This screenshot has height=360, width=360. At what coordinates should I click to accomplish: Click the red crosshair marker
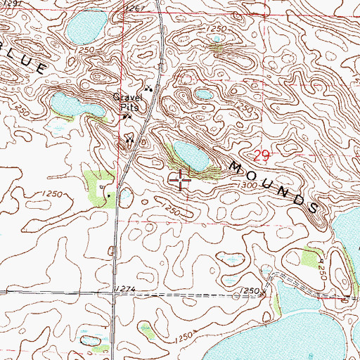181,181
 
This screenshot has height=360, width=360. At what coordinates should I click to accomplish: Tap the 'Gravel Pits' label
129,103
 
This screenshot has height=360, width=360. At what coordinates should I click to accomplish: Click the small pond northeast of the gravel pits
204,94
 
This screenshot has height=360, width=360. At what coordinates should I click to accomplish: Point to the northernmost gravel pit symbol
148,89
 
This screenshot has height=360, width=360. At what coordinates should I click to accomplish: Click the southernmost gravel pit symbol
129,139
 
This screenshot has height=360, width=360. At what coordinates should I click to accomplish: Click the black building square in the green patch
108,195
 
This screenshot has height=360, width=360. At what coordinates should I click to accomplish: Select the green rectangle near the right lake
311,258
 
